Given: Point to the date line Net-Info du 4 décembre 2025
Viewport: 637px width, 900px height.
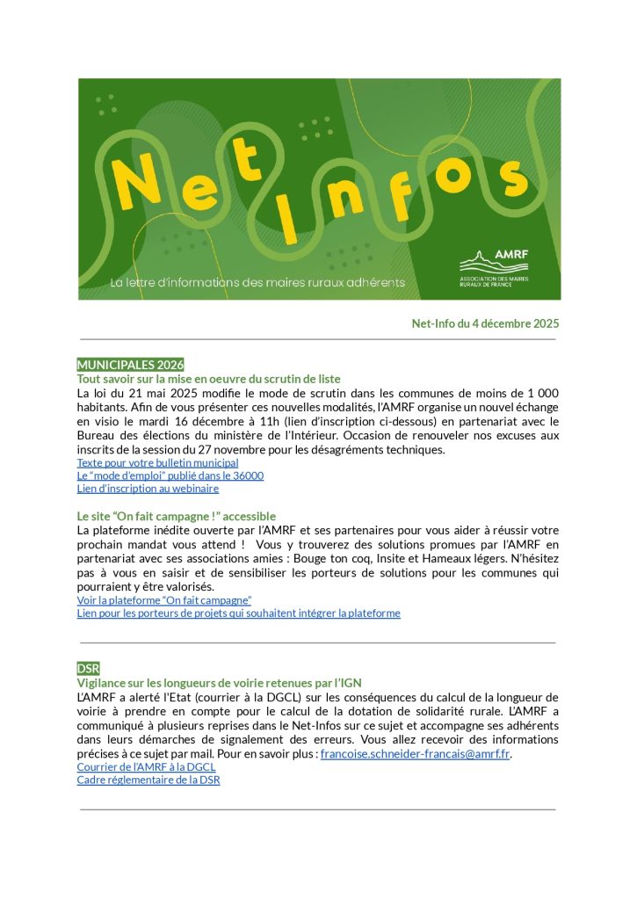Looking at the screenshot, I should [x=485, y=323].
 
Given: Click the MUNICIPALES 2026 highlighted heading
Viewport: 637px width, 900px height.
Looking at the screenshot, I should [x=130, y=365].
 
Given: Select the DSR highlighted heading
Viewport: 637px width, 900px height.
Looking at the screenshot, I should [x=89, y=669].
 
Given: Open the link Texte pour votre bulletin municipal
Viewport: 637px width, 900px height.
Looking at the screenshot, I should [x=157, y=462].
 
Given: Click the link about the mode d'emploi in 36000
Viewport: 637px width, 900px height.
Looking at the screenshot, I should [x=170, y=475].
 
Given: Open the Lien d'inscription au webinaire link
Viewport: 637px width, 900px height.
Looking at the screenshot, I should [x=148, y=489].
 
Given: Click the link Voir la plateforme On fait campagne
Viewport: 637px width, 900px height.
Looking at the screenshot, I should [x=164, y=600].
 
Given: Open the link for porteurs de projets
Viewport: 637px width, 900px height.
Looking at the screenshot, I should [x=238, y=613].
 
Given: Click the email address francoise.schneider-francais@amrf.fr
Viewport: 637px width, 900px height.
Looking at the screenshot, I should [x=415, y=754].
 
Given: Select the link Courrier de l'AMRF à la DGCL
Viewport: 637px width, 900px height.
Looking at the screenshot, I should [x=146, y=767].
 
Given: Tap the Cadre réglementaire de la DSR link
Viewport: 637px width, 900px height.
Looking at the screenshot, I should [x=148, y=780].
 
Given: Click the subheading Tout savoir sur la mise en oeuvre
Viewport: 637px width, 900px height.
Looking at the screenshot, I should [x=208, y=379].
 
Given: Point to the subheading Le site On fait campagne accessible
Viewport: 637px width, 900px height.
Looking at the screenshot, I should [x=176, y=516].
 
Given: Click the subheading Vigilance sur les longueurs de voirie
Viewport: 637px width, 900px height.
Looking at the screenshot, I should [x=219, y=683].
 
